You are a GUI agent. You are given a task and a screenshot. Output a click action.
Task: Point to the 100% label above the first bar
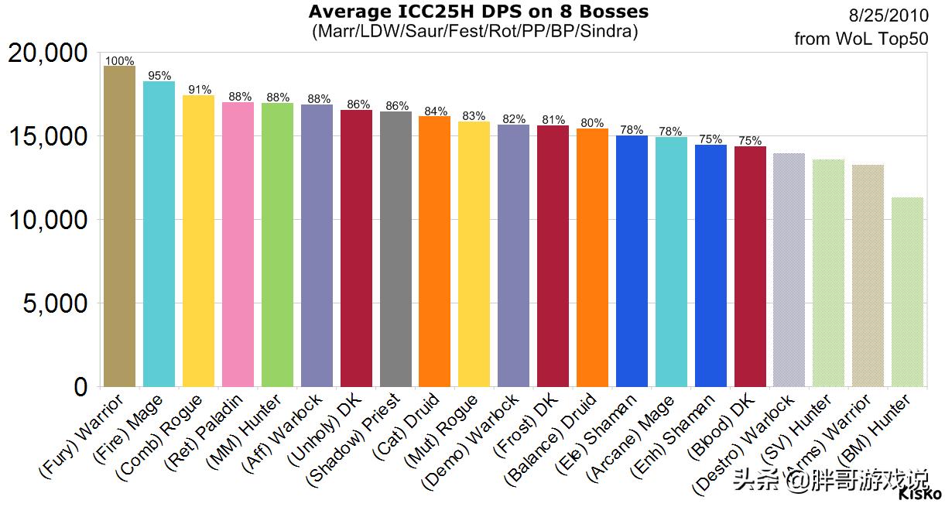pyautogui.click(x=119, y=61)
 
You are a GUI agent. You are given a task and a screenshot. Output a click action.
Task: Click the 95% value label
pyautogui.click(x=159, y=76)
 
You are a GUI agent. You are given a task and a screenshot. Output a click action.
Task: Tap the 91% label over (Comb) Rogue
pyautogui.click(x=198, y=90)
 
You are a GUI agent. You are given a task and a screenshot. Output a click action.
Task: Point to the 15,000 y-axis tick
pyautogui.click(x=48, y=136)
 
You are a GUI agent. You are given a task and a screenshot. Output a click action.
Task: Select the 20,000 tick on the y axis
pyautogui.click(x=48, y=53)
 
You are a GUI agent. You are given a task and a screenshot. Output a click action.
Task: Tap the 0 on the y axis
pyautogui.click(x=80, y=386)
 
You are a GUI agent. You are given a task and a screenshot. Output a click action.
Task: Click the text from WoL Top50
pyautogui.click(x=861, y=39)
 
